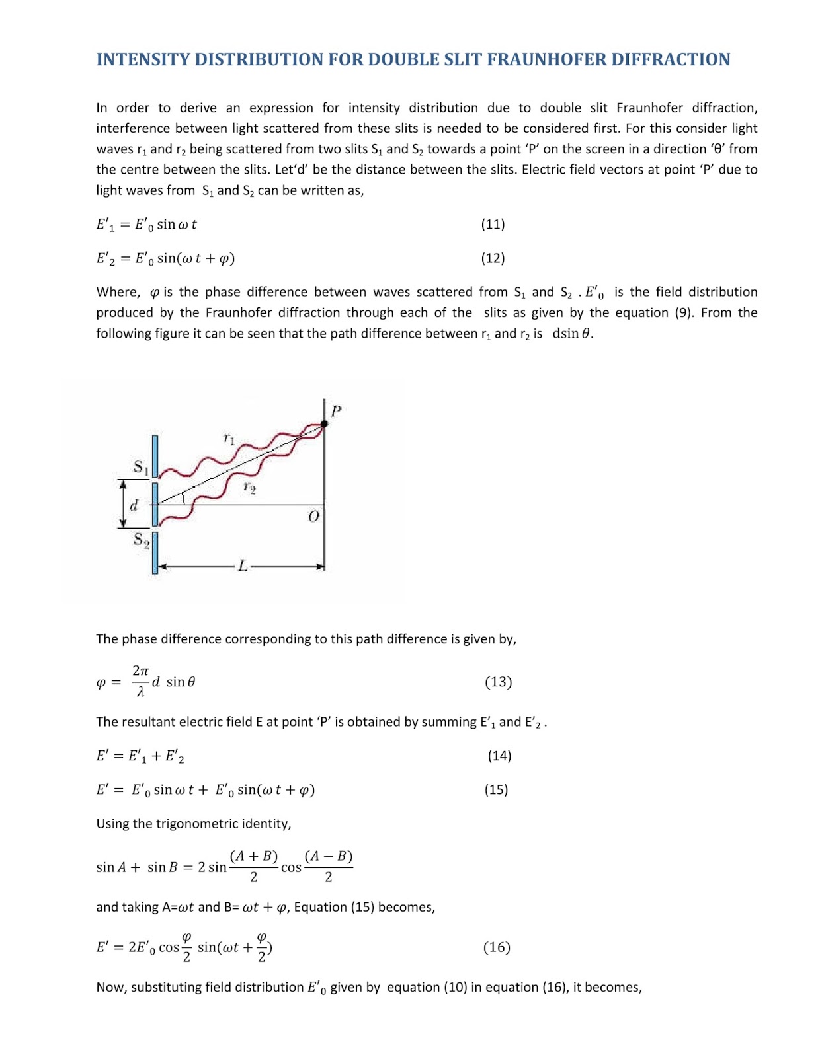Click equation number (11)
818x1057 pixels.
click(x=493, y=224)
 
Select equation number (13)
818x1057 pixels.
click(x=498, y=682)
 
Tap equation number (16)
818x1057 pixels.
click(x=497, y=947)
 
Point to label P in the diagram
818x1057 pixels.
click(x=336, y=411)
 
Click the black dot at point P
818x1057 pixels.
click(x=324, y=424)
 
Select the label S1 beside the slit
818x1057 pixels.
click(x=141, y=466)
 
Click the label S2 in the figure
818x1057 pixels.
click(x=141, y=540)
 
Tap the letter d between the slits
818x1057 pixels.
click(x=134, y=506)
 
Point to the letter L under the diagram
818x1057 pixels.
click(x=243, y=566)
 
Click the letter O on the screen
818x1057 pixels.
click(x=313, y=516)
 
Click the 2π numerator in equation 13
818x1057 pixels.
click(x=140, y=671)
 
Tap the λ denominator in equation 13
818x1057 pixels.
click(x=140, y=692)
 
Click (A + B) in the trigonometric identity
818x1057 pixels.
click(x=254, y=856)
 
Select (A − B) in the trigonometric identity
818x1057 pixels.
click(x=328, y=856)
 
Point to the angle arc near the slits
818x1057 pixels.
click(x=183, y=497)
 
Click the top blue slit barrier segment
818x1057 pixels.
click(x=155, y=456)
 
